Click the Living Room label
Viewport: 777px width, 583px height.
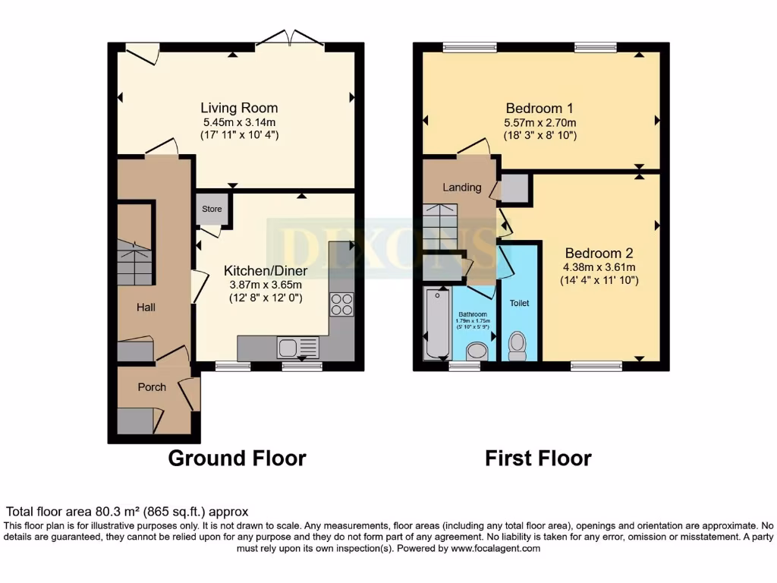pos(239,108)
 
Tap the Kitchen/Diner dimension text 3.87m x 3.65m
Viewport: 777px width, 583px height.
pos(266,285)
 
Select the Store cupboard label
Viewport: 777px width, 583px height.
pos(212,209)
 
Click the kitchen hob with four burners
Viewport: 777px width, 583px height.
pos(341,304)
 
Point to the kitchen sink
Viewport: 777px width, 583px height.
pos(288,348)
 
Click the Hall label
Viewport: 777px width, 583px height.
pos(146,307)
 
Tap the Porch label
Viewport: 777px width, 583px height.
pos(152,387)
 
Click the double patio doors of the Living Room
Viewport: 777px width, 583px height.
pos(291,40)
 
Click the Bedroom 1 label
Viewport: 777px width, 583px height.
pos(534,108)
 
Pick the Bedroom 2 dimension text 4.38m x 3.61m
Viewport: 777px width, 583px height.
pos(599,267)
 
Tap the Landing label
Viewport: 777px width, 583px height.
pos(462,188)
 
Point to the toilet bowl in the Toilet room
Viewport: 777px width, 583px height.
pos(517,345)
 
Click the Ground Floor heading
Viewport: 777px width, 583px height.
pos(237,459)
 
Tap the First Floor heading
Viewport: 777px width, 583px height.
pos(538,459)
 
